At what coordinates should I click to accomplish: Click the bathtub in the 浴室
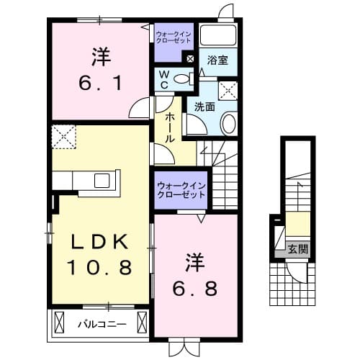[x=218, y=35]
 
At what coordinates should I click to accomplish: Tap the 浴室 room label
[x=218, y=60]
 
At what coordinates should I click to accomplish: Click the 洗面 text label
[x=204, y=107]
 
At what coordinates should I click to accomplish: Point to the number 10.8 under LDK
[x=101, y=269]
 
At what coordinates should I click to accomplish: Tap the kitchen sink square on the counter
[x=100, y=180]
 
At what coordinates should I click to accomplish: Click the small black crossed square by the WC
[x=190, y=60]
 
